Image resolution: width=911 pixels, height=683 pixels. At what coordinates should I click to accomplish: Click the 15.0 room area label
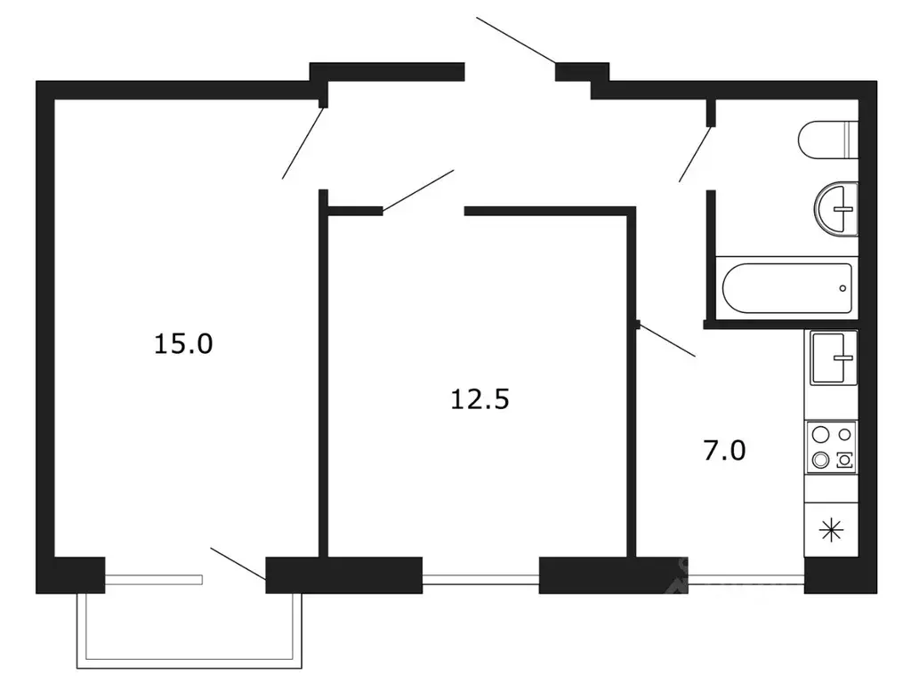[x=183, y=344]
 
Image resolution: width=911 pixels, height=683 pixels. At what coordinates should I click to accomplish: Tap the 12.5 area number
[x=480, y=399]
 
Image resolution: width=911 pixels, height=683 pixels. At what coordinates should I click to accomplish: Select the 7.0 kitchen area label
[x=724, y=451]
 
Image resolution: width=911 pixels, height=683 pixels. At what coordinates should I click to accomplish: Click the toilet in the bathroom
[x=828, y=140]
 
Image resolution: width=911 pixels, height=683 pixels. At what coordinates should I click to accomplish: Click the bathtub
[x=787, y=288]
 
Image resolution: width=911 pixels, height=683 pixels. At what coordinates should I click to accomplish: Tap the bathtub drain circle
[x=842, y=288]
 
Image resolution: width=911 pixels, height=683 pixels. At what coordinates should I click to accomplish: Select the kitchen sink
[x=834, y=358]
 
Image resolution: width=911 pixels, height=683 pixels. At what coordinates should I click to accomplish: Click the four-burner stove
[x=832, y=447]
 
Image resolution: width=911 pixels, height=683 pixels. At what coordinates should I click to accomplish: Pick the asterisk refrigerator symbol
[x=832, y=530]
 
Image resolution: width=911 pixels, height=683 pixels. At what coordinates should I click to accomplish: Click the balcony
[x=189, y=631]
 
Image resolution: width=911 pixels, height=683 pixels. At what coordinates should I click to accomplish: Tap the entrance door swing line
[x=516, y=40]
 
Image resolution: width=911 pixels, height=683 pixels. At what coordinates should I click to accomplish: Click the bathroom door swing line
[x=695, y=155]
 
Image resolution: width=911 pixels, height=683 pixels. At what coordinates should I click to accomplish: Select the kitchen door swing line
[x=667, y=341]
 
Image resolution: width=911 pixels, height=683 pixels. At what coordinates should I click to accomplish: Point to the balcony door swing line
[x=238, y=564]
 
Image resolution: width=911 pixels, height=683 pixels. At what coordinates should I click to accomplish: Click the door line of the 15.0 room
[x=302, y=143]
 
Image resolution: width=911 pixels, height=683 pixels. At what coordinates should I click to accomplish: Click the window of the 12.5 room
[x=480, y=579]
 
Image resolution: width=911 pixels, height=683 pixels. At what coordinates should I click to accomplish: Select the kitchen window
[x=746, y=579]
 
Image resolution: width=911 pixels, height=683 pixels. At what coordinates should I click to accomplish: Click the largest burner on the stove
[x=821, y=434]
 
